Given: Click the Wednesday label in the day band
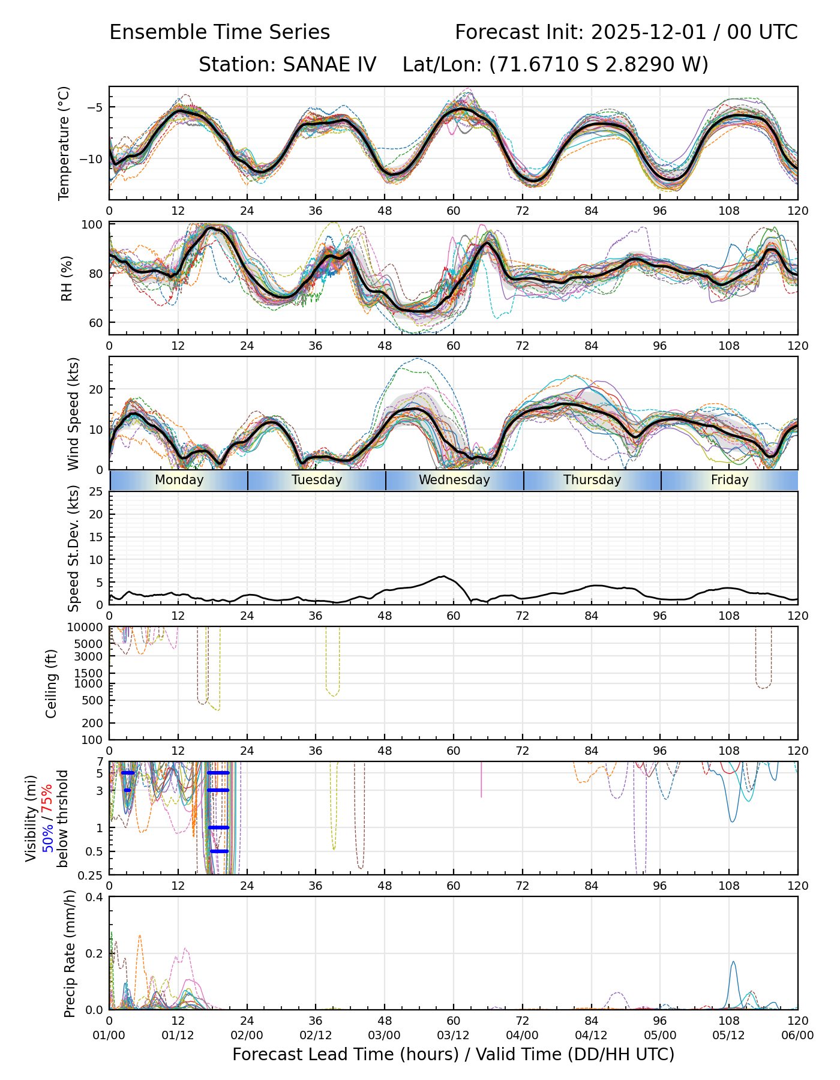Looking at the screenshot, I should coord(454,480).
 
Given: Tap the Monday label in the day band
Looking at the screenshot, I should coord(179,480).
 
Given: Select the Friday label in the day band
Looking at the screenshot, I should coord(730,480).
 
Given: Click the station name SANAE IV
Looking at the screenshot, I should coord(287,64).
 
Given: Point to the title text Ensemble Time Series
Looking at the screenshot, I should coord(220,32).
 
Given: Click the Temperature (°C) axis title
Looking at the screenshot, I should coord(64,143).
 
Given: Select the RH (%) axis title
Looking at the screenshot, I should coord(67,278).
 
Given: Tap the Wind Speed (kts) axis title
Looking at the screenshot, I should coord(73,413).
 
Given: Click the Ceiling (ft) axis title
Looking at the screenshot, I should coord(52,683).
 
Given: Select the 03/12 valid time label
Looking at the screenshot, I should coord(453,1036).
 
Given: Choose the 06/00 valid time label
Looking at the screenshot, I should coord(797,1036).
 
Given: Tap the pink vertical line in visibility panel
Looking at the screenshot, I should coord(481,780).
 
